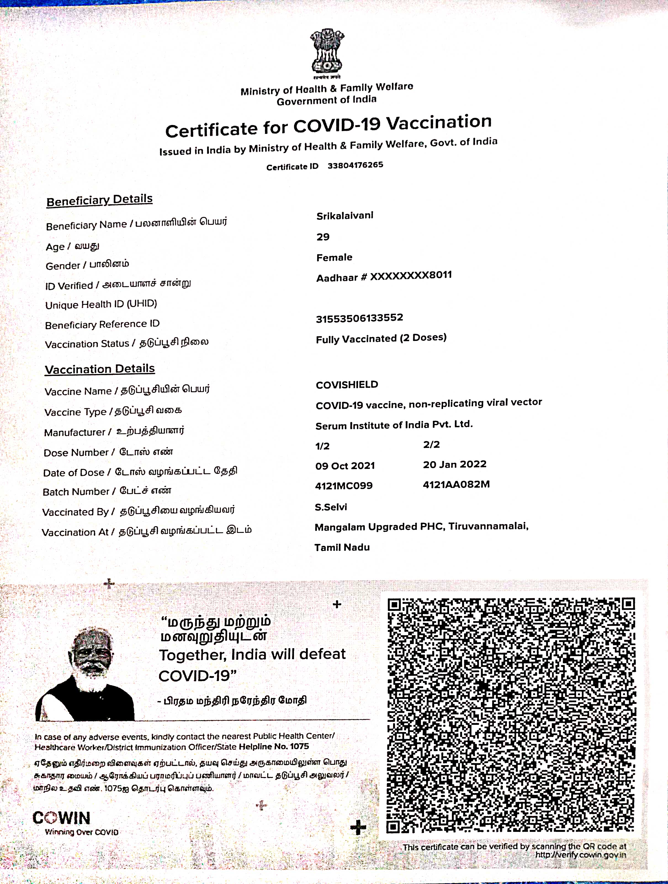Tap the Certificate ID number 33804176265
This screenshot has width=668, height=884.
click(355, 165)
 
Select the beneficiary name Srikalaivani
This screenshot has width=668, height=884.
click(345, 216)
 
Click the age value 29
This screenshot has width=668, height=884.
click(323, 237)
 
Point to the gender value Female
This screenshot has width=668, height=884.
click(334, 257)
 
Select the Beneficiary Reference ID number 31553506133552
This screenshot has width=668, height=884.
click(359, 318)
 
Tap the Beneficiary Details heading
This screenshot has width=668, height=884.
click(100, 200)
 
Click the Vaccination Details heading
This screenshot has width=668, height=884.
click(100, 369)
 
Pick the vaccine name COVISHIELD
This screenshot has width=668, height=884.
click(347, 385)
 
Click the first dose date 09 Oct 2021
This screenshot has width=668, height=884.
click(345, 466)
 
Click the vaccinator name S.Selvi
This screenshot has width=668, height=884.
click(331, 507)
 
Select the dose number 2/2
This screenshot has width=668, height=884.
click(431, 444)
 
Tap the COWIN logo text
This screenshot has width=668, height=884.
click(62, 818)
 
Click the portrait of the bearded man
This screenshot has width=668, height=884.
click(86, 675)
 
